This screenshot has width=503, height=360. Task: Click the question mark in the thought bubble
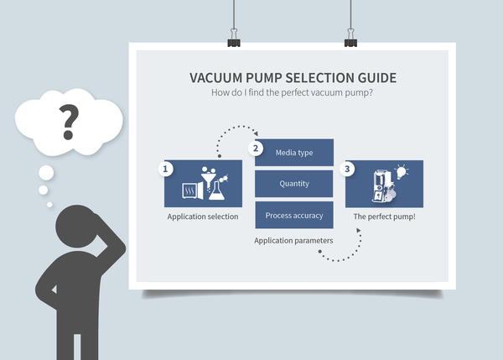(x=67, y=122)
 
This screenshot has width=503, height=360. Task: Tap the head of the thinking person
(x=79, y=230)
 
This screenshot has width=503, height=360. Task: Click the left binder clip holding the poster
(x=231, y=39)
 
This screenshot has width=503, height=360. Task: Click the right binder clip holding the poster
(x=350, y=39)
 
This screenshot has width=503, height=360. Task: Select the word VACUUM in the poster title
(x=220, y=78)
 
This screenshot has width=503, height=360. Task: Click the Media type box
(x=294, y=152)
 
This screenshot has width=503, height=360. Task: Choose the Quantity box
(x=294, y=184)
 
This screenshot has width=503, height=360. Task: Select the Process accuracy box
(x=294, y=216)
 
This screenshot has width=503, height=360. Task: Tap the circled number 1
(x=167, y=169)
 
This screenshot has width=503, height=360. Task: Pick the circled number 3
(x=349, y=169)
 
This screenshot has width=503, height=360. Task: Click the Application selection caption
(x=203, y=217)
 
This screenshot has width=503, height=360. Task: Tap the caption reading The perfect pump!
(x=384, y=217)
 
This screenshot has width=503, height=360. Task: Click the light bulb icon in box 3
(x=402, y=172)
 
